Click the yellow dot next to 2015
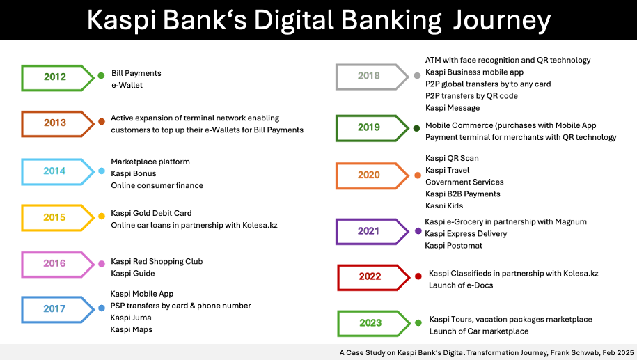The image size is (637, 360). (x=102, y=217)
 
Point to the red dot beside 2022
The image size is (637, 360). (x=418, y=276)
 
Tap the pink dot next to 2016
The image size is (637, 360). (x=102, y=264)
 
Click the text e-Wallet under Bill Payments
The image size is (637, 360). (x=127, y=85)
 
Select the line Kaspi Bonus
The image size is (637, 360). (x=134, y=173)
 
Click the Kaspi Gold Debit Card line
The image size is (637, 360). (x=151, y=213)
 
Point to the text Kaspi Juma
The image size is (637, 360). (x=131, y=318)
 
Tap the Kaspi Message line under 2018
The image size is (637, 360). (x=453, y=108)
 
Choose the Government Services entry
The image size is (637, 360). (x=464, y=182)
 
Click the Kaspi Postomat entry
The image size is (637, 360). (x=453, y=245)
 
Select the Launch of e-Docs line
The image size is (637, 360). (x=461, y=285)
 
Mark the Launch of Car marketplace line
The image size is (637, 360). (x=479, y=331)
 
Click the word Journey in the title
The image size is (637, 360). (x=502, y=20)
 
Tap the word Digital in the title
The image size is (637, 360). (x=294, y=20)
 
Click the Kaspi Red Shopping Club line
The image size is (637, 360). (x=157, y=261)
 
